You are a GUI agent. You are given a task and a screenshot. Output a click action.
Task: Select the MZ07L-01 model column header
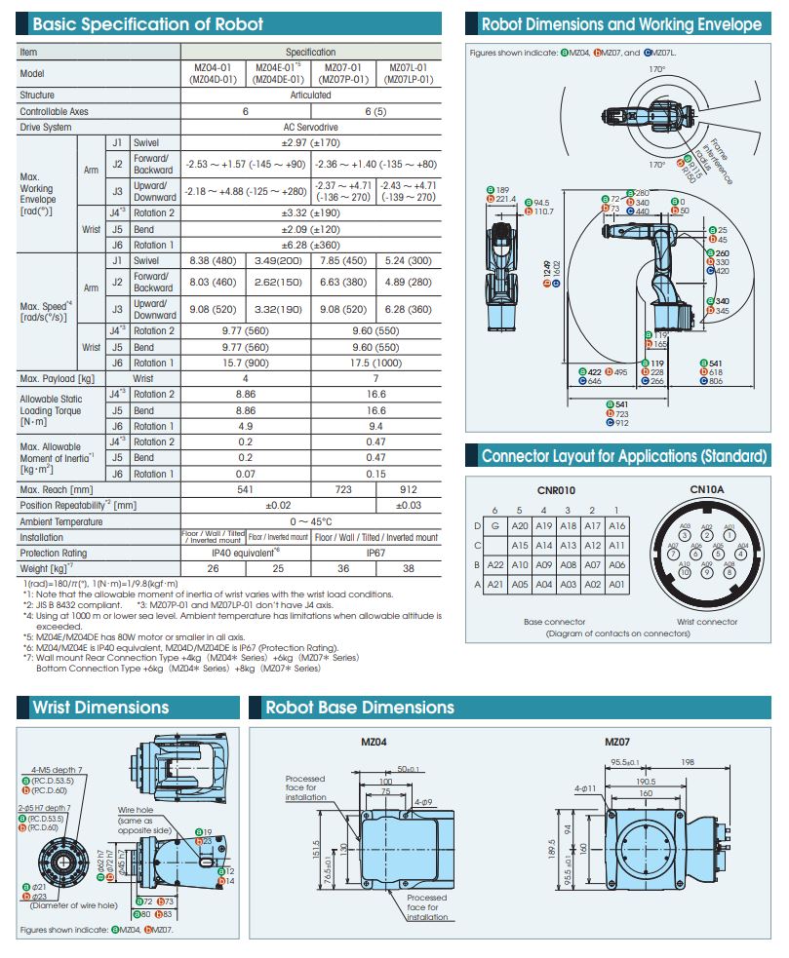pyautogui.click(x=408, y=73)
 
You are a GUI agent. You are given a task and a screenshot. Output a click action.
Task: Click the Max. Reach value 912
pyautogui.click(x=408, y=489)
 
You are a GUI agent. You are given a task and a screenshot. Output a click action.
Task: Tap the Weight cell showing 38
pyautogui.click(x=408, y=568)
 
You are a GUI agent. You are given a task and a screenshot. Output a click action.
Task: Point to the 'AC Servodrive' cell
pyautogui.click(x=311, y=127)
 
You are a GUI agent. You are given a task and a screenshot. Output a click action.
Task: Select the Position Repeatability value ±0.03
pyautogui.click(x=408, y=505)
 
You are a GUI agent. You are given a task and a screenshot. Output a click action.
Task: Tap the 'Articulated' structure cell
pyautogui.click(x=311, y=96)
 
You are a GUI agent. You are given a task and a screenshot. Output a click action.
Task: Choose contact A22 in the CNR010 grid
pyautogui.click(x=494, y=564)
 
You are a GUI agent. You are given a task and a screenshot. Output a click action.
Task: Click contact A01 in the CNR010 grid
pyautogui.click(x=616, y=584)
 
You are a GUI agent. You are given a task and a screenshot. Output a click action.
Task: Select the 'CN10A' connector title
pyautogui.click(x=707, y=490)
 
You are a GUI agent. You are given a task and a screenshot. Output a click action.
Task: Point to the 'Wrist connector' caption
pyautogui.click(x=707, y=621)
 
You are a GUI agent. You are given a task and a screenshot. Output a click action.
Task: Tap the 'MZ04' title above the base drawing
pyautogui.click(x=375, y=742)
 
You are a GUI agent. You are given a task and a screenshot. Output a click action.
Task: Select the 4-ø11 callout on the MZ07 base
pyautogui.click(x=585, y=787)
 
